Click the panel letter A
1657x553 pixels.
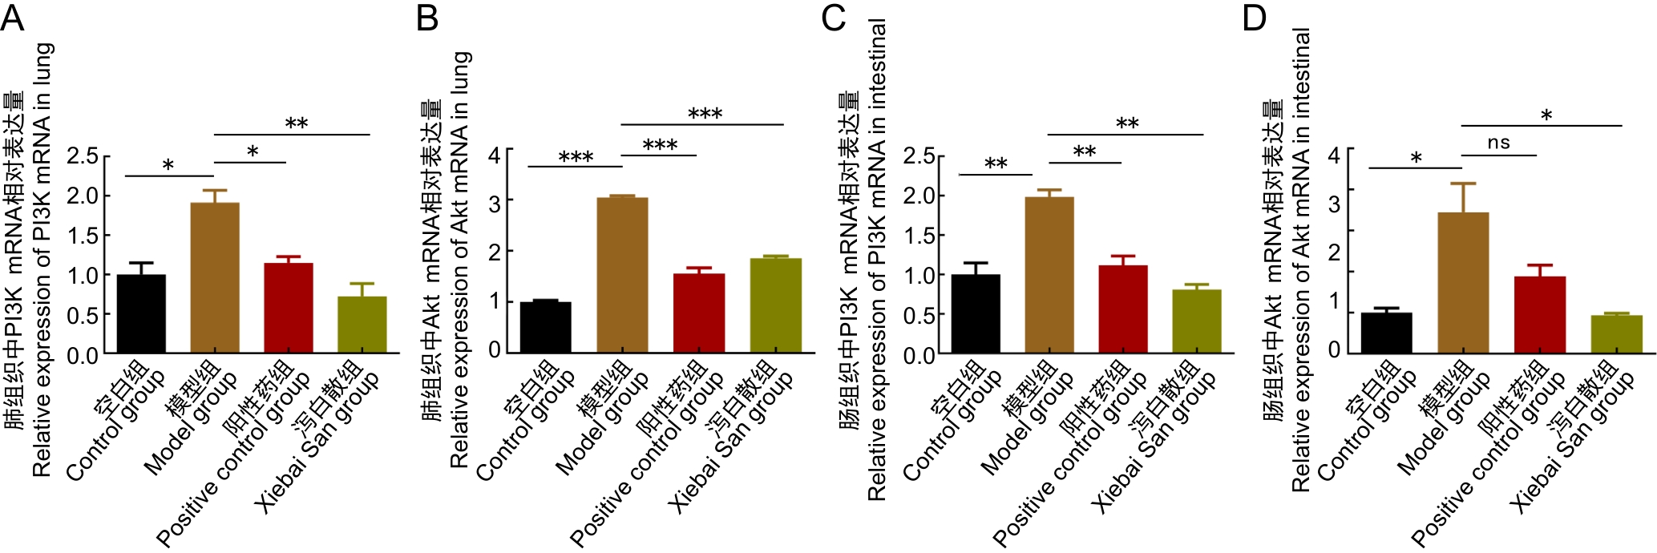pyautogui.click(x=12, y=17)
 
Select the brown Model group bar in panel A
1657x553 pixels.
pyautogui.click(x=215, y=277)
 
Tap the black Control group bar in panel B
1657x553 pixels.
pyautogui.click(x=546, y=327)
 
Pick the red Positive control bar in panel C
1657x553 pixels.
pyautogui.click(x=1123, y=309)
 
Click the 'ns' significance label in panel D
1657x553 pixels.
pyautogui.click(x=1498, y=143)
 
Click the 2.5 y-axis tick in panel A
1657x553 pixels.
pyautogui.click(x=83, y=155)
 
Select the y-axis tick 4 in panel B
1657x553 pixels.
pyautogui.click(x=495, y=153)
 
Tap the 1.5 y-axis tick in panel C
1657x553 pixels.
pyautogui.click(x=919, y=236)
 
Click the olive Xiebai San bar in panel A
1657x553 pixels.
pyautogui.click(x=362, y=325)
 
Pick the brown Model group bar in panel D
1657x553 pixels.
pyautogui.click(x=1463, y=282)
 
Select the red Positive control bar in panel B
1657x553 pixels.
pyautogui.click(x=699, y=313)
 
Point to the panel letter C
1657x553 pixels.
pyautogui.click(x=834, y=17)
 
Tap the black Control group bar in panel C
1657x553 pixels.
pyautogui.click(x=976, y=313)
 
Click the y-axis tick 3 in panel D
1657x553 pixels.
pyautogui.click(x=1334, y=204)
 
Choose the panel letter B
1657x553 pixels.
pyautogui.click(x=427, y=17)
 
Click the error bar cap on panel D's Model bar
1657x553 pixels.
pyautogui.click(x=1463, y=184)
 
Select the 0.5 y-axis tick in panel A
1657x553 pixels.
pyautogui.click(x=83, y=315)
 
